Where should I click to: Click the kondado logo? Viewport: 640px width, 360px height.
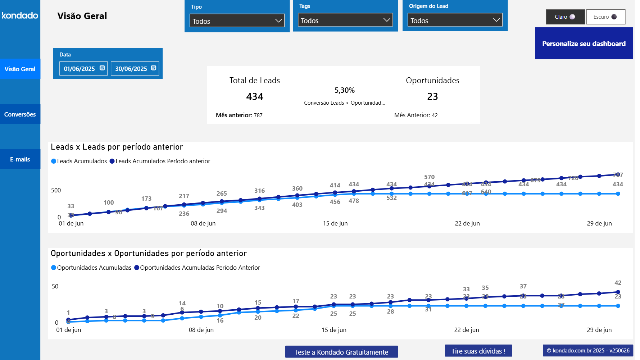coord(20,15)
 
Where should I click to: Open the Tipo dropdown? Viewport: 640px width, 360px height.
coord(237,21)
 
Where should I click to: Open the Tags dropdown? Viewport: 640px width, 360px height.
coord(345,20)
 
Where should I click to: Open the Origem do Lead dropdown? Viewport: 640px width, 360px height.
coord(455,20)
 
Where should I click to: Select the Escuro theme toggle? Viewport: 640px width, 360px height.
coord(605,17)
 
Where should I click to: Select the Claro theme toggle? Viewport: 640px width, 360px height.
coord(565,17)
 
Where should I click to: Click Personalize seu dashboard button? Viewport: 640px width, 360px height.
coord(584,44)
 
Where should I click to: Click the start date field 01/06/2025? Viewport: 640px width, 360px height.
coord(80,69)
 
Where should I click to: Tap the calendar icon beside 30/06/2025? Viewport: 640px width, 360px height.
coord(154,68)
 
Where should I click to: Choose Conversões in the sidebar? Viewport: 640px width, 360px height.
coord(20,114)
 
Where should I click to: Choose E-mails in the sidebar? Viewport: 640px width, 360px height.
coord(20,159)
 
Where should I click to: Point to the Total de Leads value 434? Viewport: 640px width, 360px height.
coord(255,96)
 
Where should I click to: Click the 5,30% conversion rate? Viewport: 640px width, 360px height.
coord(344,90)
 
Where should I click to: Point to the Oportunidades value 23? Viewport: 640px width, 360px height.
coord(432,96)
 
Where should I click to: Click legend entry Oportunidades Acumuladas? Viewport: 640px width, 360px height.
coord(94,268)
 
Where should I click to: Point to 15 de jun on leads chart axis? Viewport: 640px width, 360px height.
coord(335,223)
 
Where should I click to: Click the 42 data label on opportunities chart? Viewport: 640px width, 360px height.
coord(618,283)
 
